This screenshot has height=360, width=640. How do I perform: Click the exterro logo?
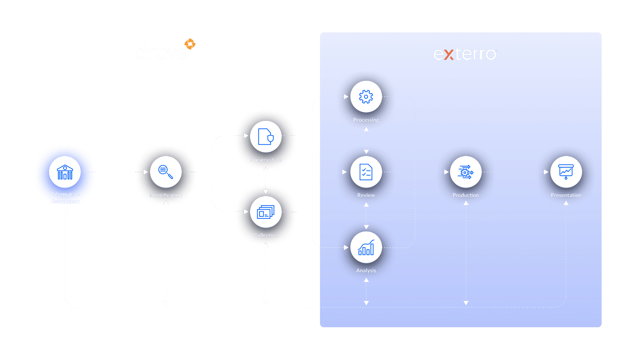[x=465, y=54]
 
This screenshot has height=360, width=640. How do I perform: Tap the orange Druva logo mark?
[x=190, y=44]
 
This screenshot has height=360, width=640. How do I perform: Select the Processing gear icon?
[x=366, y=97]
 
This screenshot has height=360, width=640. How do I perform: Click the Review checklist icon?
[x=366, y=172]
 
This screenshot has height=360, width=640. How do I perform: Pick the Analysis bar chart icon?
[x=366, y=248]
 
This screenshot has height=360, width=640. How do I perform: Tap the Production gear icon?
[x=466, y=172]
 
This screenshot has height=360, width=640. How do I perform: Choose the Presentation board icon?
[x=566, y=172]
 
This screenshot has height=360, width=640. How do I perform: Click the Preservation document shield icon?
[x=266, y=137]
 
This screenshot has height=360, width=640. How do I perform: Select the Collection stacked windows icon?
[x=266, y=212]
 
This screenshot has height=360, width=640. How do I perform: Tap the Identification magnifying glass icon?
[x=166, y=172]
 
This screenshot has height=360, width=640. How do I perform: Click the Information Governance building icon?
[x=65, y=172]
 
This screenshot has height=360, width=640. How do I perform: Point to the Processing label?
[x=366, y=120]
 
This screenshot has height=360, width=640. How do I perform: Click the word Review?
[x=366, y=195]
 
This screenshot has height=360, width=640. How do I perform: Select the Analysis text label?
[x=366, y=271]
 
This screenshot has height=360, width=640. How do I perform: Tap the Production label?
[x=466, y=195]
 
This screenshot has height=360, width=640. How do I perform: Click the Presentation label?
[x=566, y=195]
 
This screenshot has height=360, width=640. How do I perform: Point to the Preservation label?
[x=266, y=160]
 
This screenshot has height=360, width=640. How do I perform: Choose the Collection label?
[x=266, y=235]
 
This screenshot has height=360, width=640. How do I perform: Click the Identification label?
[x=166, y=195]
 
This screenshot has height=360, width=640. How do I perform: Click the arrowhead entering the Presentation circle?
[x=546, y=172]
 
